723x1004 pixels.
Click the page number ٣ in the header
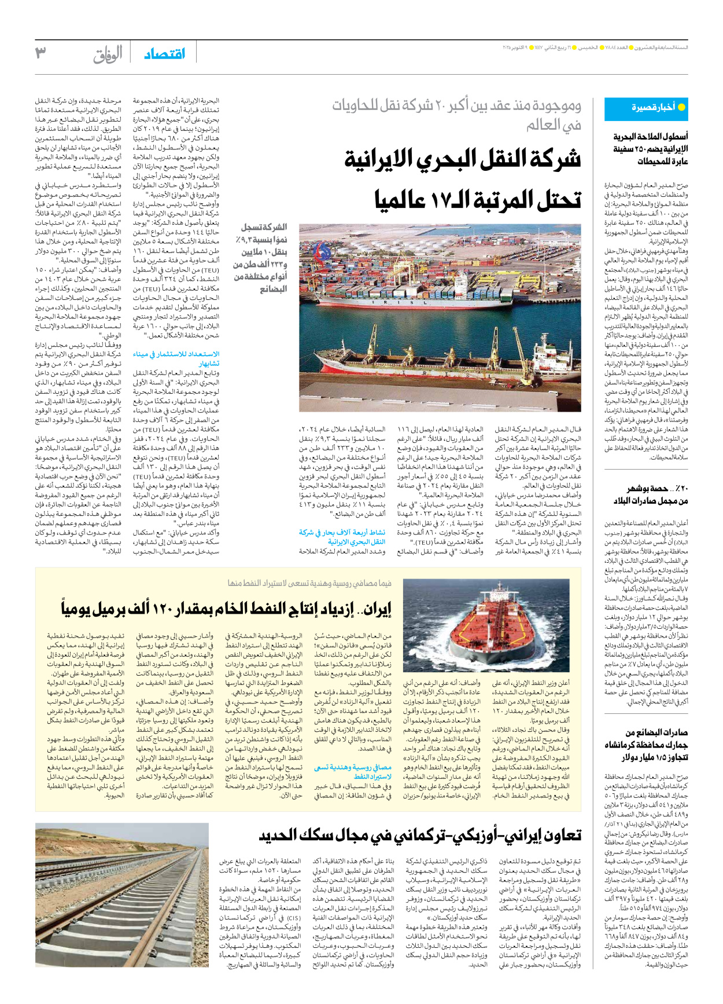pyautogui.click(x=40, y=53)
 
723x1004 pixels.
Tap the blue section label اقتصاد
pyautogui.click(x=165, y=54)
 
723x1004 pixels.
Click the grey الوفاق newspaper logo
pyautogui.click(x=108, y=54)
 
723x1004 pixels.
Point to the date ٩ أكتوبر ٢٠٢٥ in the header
pyautogui.click(x=519, y=47)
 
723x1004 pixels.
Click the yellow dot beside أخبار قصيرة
pyautogui.click(x=681, y=107)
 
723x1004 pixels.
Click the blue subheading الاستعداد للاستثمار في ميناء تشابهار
pyautogui.click(x=176, y=358)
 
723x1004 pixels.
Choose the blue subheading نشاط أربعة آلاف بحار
pyautogui.click(x=342, y=537)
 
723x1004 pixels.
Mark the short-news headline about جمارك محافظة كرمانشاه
pyautogui.click(x=646, y=745)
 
